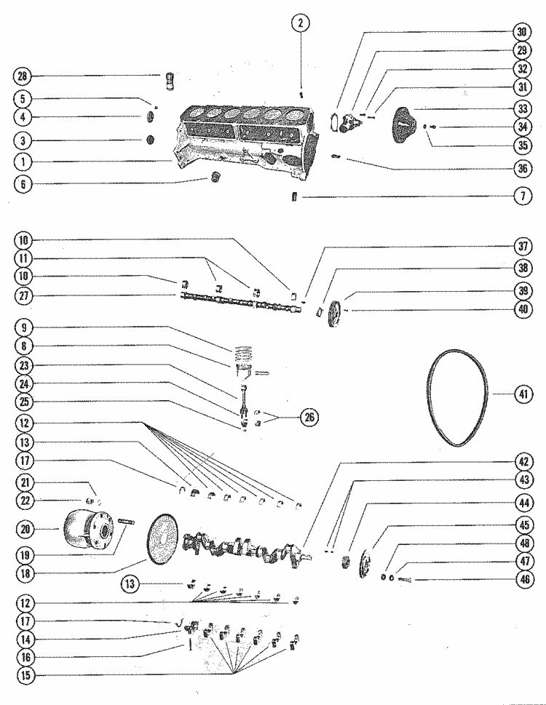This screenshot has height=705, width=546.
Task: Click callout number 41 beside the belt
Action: click(522, 395)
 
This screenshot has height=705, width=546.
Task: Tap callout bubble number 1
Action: click(24, 161)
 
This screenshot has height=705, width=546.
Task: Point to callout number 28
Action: click(24, 76)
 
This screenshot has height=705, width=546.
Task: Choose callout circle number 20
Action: click(24, 529)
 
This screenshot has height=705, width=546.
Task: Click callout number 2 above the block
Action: click(301, 23)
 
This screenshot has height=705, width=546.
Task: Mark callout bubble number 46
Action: click(522, 581)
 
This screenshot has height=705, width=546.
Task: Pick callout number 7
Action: click(522, 197)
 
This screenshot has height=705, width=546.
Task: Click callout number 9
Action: click(24, 329)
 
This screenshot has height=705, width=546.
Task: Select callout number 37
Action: click(522, 247)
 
